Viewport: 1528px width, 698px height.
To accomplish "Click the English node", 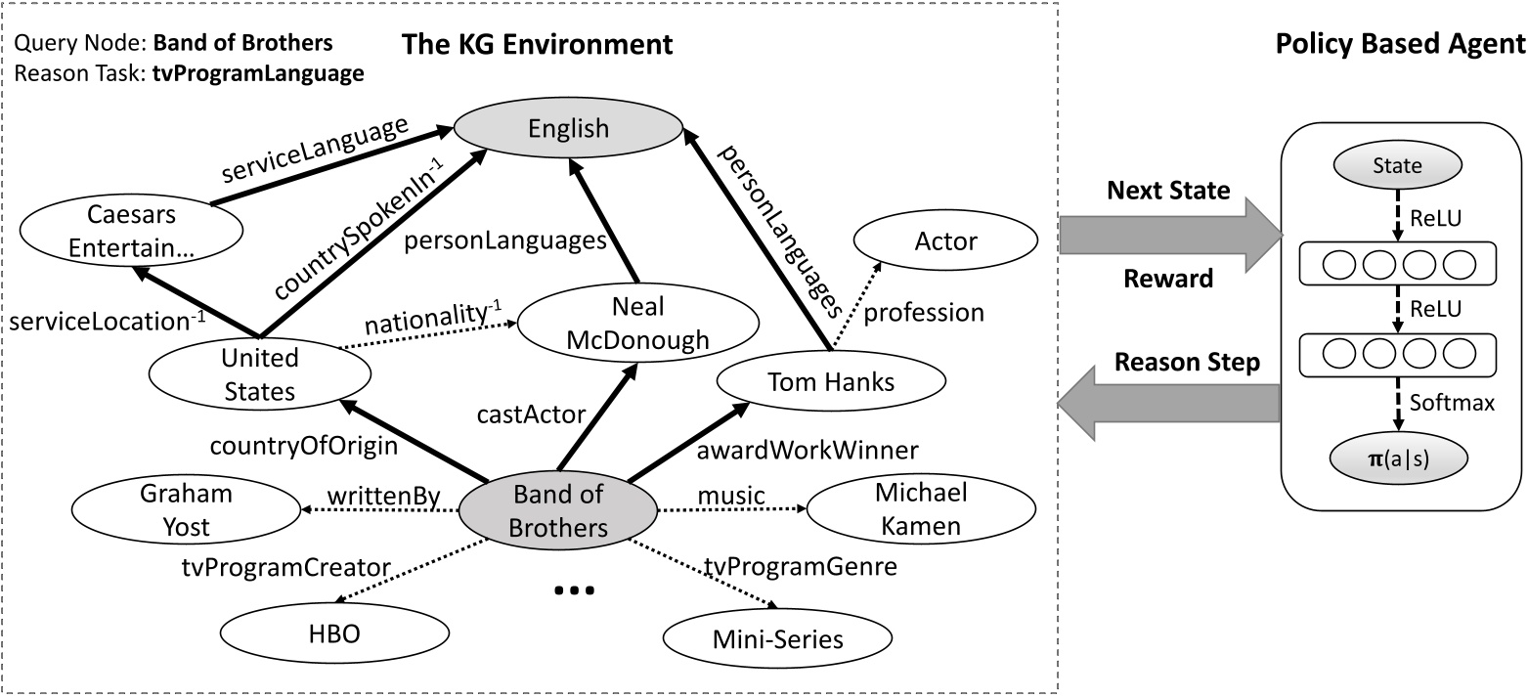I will pyautogui.click(x=568, y=128).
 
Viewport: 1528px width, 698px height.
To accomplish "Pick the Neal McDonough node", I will pyautogui.click(x=636, y=324).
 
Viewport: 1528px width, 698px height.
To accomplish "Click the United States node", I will pyautogui.click(x=259, y=374).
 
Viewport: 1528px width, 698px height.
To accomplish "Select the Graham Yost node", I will pyautogui.click(x=187, y=510).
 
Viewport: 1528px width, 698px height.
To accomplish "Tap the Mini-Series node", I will pyautogui.click(x=778, y=639).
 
